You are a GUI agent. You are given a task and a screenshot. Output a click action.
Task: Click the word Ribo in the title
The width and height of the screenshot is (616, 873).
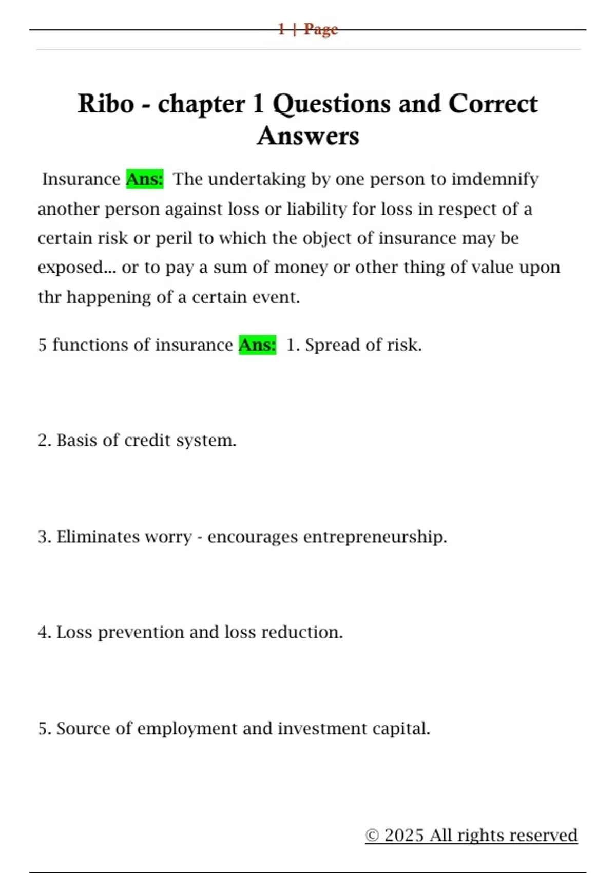pos(106,104)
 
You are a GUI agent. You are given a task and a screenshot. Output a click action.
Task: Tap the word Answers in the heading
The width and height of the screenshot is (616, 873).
pos(308,136)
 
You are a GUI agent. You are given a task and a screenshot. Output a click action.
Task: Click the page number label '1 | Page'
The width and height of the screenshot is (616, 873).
pos(308,29)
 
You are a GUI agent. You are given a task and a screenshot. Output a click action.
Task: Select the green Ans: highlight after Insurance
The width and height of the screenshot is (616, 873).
pos(145,179)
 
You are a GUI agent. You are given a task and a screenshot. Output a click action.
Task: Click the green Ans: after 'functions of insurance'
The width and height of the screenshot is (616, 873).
pos(257,345)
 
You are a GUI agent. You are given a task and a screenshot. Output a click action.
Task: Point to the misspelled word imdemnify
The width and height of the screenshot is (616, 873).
pos(495,179)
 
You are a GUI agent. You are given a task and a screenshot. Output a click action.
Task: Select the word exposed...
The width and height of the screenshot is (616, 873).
pos(70,268)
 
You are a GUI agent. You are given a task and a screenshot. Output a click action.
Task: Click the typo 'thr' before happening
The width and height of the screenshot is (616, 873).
pos(49,297)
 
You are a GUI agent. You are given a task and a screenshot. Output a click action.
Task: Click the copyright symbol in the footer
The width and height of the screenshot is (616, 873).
pos(372,836)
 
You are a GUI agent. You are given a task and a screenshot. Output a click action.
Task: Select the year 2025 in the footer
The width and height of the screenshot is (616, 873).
pos(404,836)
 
